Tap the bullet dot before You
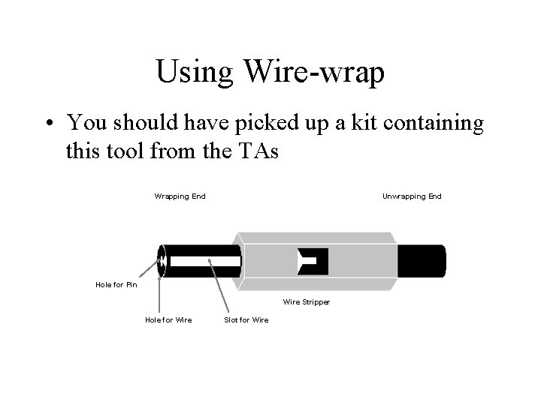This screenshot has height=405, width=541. (49, 121)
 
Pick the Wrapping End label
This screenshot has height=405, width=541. (180, 196)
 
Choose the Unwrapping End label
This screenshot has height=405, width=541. (412, 196)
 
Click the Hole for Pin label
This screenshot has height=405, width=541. (116, 284)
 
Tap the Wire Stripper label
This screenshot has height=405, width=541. (307, 302)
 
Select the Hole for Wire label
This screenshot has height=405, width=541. (168, 320)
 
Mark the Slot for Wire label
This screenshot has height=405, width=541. (246, 320)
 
